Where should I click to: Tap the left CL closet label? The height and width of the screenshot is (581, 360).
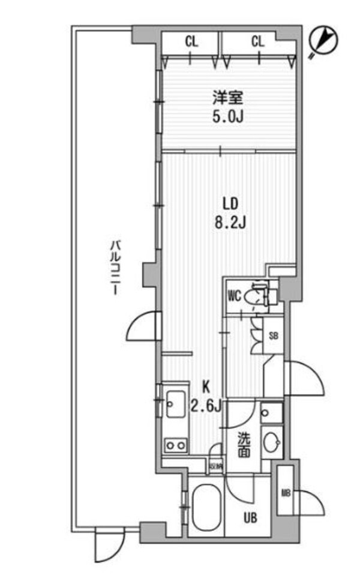pos(191,41)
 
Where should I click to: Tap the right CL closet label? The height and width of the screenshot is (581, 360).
pos(258,41)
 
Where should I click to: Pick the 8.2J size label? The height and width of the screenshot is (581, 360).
pos(227,223)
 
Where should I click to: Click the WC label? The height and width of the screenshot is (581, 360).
pos(235,295)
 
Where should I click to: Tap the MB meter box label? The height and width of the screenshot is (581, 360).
pos(286,493)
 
